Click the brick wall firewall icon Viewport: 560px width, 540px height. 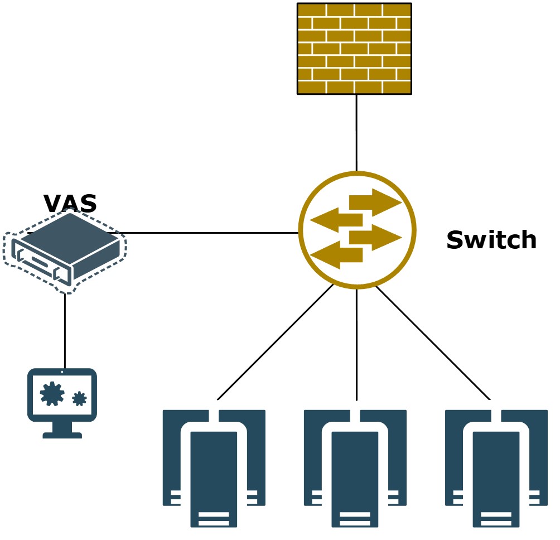tap(354, 49)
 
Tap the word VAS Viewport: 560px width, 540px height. tap(70, 204)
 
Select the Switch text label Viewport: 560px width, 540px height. tap(491, 240)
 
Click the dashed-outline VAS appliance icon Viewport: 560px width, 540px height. tap(65, 250)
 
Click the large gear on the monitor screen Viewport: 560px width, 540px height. tap(52, 393)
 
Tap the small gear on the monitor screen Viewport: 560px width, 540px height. tap(79, 398)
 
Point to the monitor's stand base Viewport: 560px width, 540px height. tap(62, 435)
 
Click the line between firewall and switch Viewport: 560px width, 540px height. tap(356, 133)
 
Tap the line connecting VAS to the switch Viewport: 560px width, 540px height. tap(212, 233)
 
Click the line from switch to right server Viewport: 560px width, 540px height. tap(433, 343)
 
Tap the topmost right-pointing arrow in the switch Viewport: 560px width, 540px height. tap(375, 202)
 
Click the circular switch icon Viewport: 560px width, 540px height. tap(357, 230)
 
